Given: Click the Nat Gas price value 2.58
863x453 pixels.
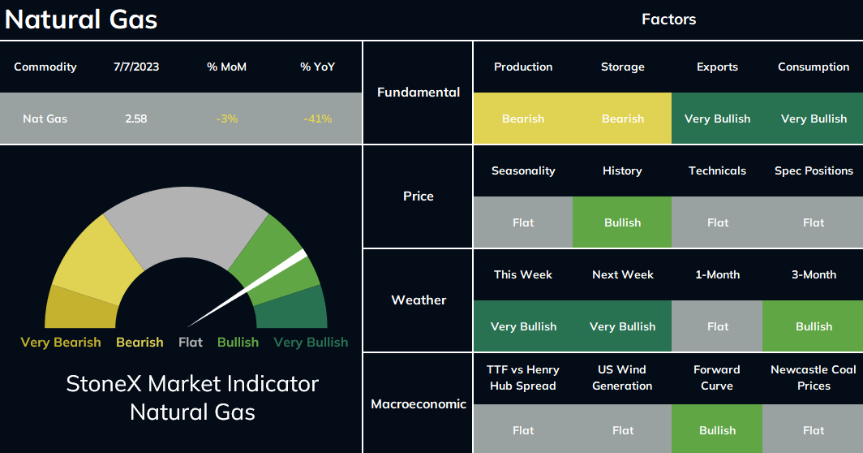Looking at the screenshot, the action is [x=136, y=119].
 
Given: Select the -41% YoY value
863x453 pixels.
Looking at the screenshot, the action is [x=318, y=119].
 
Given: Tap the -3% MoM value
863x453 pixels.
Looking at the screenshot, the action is [x=227, y=119].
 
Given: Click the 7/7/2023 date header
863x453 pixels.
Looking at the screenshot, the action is [x=136, y=67].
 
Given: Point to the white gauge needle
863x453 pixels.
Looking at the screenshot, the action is [x=247, y=288].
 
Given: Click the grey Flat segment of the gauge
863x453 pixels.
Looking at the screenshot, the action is [x=186, y=222].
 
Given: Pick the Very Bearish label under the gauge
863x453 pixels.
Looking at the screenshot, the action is [x=61, y=343].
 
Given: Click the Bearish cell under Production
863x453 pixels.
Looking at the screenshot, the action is [x=523, y=119].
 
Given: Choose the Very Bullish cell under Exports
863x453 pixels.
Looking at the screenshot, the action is [x=717, y=119].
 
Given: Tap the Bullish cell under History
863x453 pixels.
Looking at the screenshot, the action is [x=622, y=222].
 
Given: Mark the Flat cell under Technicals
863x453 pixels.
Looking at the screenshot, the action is [x=717, y=222].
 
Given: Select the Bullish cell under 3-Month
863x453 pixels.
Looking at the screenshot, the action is [x=813, y=326].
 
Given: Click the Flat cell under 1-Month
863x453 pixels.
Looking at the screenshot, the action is [x=717, y=326].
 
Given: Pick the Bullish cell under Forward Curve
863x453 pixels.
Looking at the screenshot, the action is [x=717, y=429].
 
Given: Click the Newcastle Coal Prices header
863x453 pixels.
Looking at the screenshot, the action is [x=814, y=377].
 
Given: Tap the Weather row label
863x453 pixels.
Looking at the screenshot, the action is [x=419, y=300].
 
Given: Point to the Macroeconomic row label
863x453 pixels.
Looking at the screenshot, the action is [x=419, y=404].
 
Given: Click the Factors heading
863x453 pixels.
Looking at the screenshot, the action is [x=668, y=19].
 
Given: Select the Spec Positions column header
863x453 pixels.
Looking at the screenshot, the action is [x=814, y=170].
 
